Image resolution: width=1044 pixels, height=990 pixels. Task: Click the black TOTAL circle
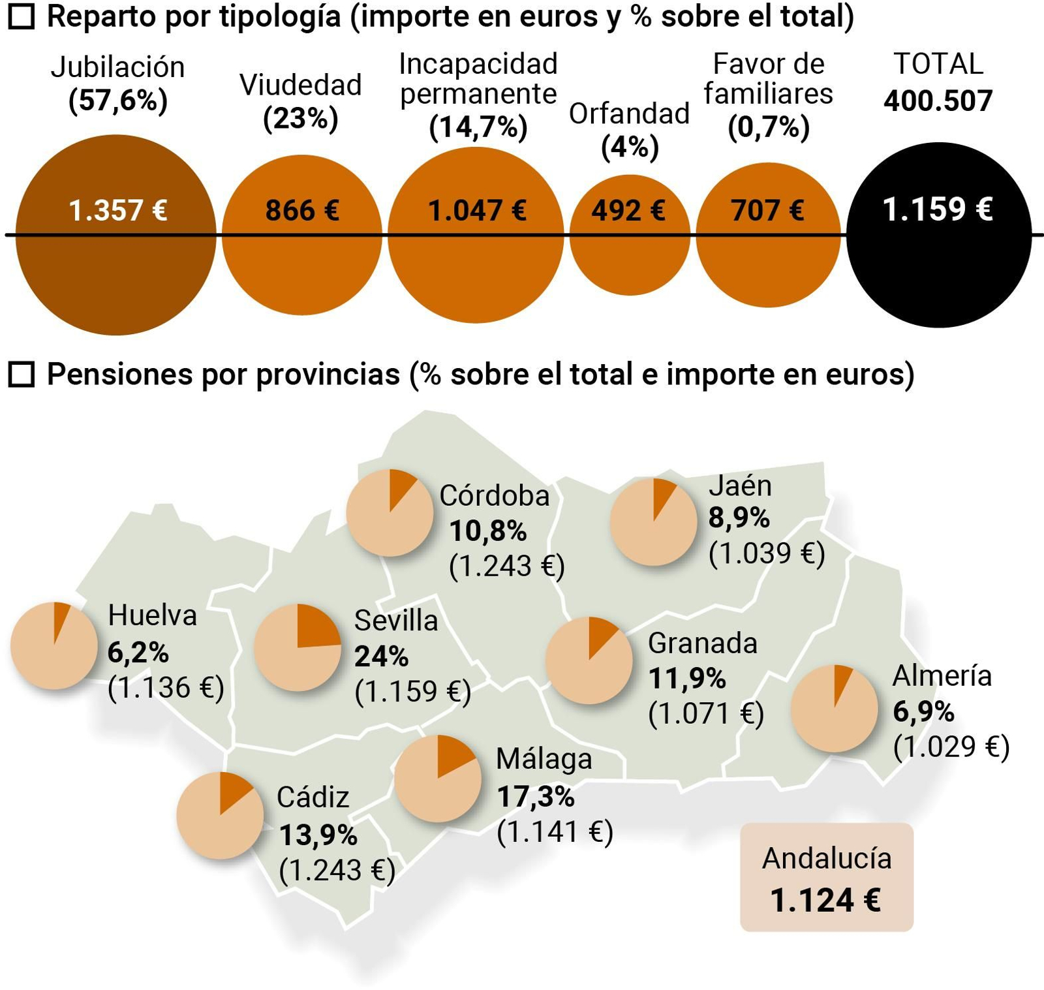938,235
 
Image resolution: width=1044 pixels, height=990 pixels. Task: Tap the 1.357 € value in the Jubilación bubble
118,211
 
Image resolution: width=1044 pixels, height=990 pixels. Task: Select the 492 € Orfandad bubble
630,235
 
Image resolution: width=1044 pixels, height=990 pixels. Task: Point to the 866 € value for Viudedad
302,211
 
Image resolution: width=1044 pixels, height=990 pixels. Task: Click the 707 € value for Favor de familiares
767,211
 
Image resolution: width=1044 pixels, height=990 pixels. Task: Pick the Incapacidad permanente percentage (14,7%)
478,127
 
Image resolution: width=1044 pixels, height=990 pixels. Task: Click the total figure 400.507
938,101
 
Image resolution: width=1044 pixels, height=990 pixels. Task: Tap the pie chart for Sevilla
298,647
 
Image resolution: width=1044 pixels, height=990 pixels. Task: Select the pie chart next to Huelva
54,645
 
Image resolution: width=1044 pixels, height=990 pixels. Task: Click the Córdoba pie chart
390,512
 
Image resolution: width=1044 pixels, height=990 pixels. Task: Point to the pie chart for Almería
834,708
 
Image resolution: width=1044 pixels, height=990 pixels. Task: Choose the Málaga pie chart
437,779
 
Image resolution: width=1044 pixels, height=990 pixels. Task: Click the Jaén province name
740,485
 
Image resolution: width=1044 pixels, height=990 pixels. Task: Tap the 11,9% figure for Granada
686,679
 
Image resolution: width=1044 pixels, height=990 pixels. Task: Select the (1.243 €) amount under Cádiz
337,870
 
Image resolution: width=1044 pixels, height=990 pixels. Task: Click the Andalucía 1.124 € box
826,877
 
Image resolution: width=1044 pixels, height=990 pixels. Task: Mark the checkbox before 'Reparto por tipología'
22,17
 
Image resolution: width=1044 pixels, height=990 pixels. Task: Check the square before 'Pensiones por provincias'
22,375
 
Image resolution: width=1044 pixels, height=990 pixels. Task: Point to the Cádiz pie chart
220,815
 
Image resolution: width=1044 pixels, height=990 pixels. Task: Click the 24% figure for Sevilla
381,656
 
